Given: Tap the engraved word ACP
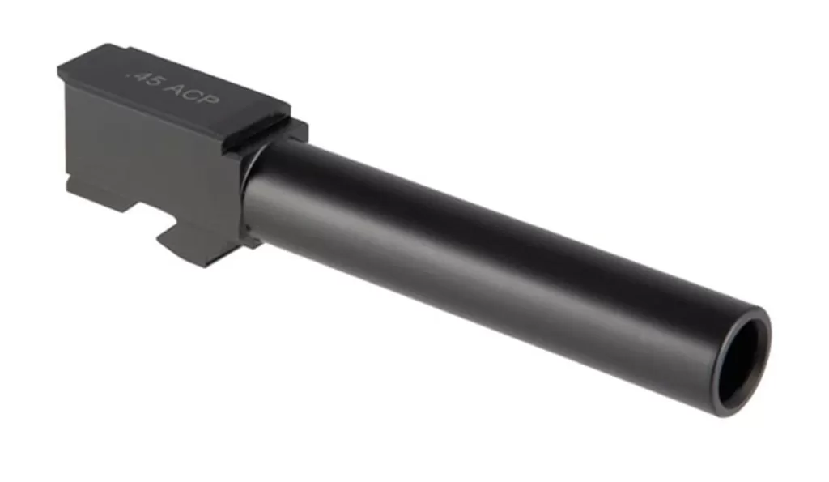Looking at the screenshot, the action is pyautogui.click(x=191, y=93).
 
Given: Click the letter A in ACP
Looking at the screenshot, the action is pyautogui.click(x=173, y=87).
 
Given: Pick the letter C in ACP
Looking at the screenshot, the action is pyautogui.click(x=191, y=94).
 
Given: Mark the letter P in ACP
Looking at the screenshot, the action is pyautogui.click(x=210, y=99).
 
